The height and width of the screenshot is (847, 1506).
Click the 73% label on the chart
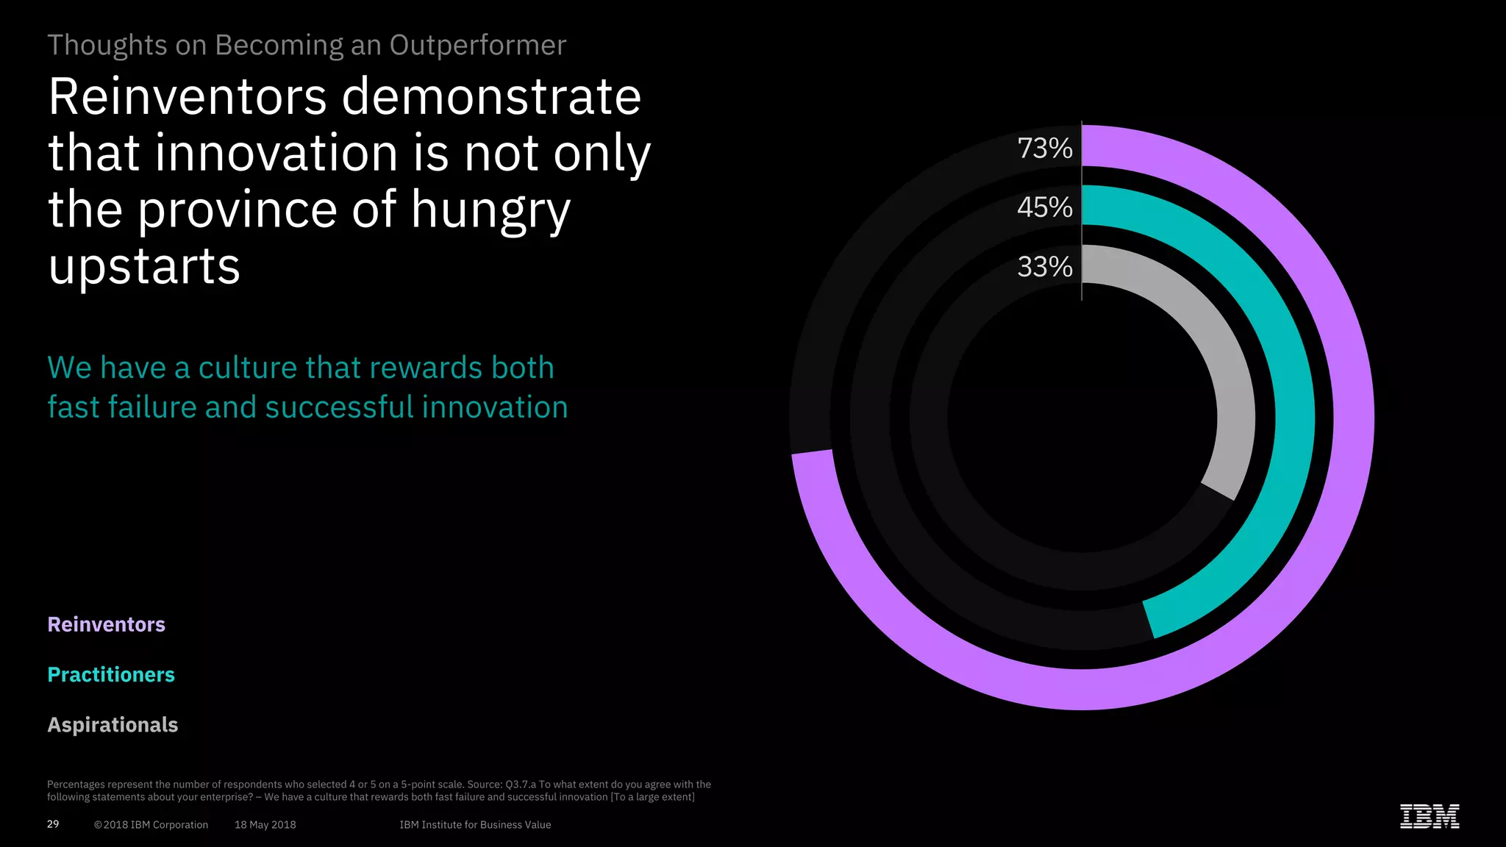(1044, 149)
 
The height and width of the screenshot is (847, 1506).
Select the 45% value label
(1044, 207)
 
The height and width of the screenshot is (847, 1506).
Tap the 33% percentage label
(1044, 267)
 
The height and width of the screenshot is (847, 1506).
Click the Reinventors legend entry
(107, 624)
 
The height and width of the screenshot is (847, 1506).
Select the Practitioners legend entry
(111, 674)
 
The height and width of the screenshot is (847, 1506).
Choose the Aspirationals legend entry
(113, 724)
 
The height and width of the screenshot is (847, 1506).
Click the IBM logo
(1429, 816)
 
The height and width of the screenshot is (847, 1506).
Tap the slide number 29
(53, 824)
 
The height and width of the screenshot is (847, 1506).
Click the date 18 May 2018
(265, 825)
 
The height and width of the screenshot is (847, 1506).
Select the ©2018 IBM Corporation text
(151, 825)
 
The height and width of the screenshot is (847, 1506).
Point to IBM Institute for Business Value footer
(475, 825)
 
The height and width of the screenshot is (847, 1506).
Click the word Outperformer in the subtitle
(477, 46)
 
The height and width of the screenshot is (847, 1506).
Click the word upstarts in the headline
(144, 266)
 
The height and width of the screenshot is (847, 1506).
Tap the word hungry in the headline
(490, 210)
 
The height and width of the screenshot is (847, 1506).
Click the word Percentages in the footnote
(76, 785)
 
